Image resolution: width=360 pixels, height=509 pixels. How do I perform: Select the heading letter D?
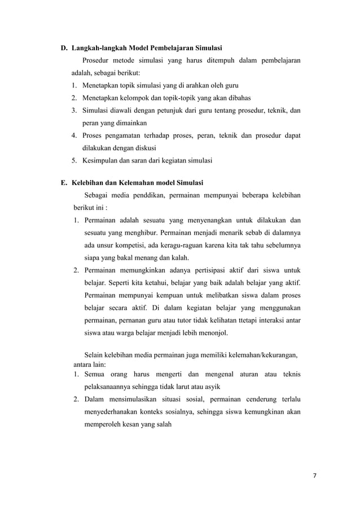click(x=64, y=46)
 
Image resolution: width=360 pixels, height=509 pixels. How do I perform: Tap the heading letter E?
click(x=64, y=183)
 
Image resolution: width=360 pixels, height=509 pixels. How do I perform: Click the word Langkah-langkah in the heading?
click(x=98, y=46)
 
